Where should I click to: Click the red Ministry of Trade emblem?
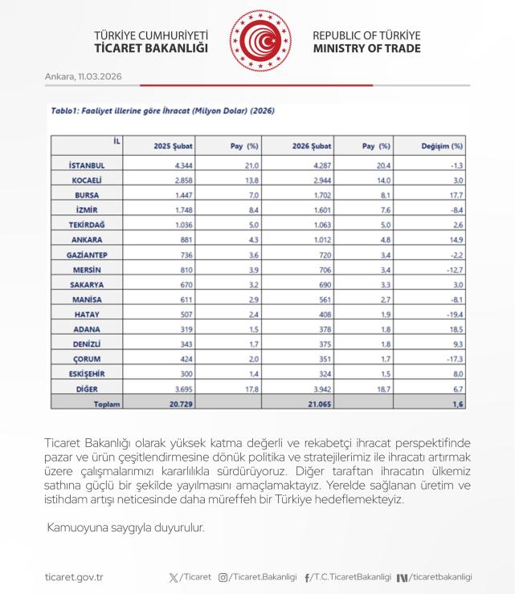click(x=258, y=42)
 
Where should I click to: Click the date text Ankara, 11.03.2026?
click(x=84, y=76)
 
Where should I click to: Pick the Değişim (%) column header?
click(x=443, y=146)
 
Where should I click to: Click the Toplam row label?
click(x=106, y=405)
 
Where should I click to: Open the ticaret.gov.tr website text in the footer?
click(x=74, y=576)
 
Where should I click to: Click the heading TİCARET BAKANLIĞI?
click(x=151, y=49)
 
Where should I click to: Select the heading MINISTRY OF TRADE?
click(x=366, y=49)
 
